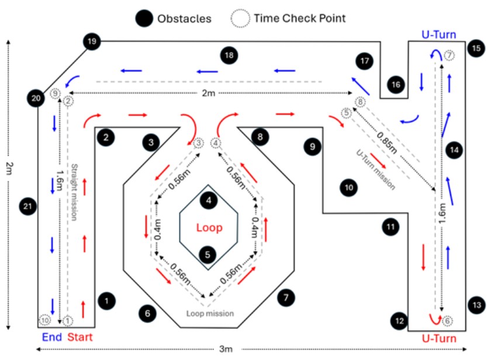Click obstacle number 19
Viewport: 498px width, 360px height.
point(92,41)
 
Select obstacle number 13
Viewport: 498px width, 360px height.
point(476,304)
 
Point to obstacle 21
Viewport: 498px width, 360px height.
point(27,205)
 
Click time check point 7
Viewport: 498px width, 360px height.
point(449,55)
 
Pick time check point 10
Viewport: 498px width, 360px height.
point(44,320)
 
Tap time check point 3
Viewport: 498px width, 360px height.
point(199,143)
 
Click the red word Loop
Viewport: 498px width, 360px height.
point(209,227)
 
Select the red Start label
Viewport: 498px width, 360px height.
point(80,337)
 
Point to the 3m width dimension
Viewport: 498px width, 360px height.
point(226,349)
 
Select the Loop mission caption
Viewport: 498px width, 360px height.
point(210,313)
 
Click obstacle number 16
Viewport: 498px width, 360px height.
point(396,85)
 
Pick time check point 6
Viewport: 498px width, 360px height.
point(448,320)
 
